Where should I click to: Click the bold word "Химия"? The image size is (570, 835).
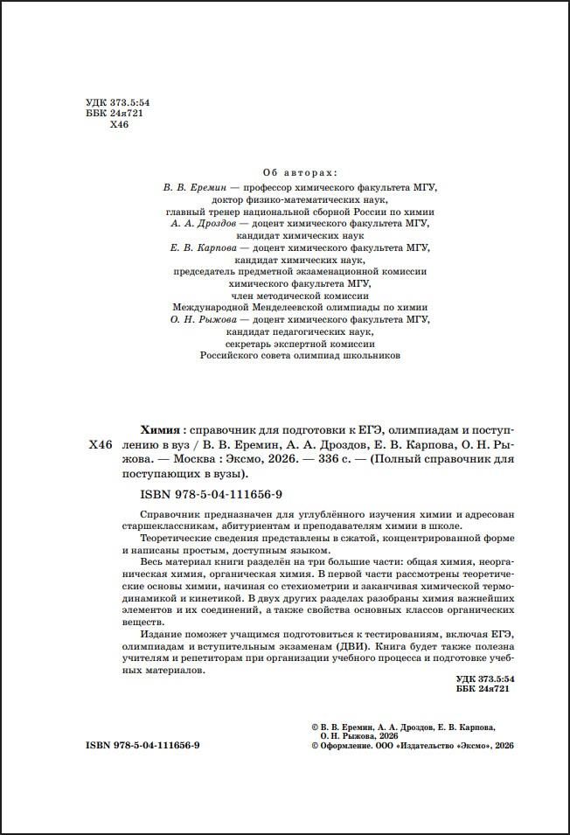coord(160,430)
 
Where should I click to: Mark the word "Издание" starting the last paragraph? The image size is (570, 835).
coord(161,632)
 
